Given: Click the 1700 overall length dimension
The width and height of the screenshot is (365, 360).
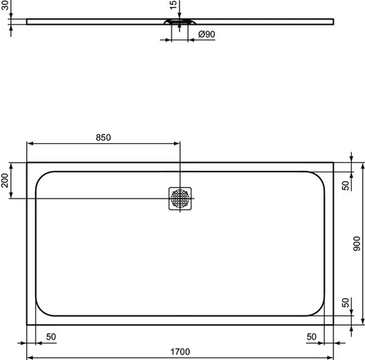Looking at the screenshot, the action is click(180, 352).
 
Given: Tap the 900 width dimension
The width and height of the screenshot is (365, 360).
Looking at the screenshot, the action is click(357, 244).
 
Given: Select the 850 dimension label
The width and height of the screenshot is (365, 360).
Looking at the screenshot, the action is click(103, 137).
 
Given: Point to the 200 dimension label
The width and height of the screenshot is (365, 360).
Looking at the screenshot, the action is click(5, 180).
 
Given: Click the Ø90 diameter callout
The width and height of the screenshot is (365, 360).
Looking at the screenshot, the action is click(207, 34).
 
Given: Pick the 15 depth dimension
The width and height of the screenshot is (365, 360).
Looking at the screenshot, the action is click(173, 5).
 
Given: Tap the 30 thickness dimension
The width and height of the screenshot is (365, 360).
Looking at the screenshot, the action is click(5, 5).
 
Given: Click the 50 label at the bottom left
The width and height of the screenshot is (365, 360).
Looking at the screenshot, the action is click(51, 337).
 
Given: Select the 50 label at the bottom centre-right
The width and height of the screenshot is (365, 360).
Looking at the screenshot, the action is click(312, 337).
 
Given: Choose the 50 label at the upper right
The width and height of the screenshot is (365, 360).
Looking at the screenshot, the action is click(345, 185).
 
